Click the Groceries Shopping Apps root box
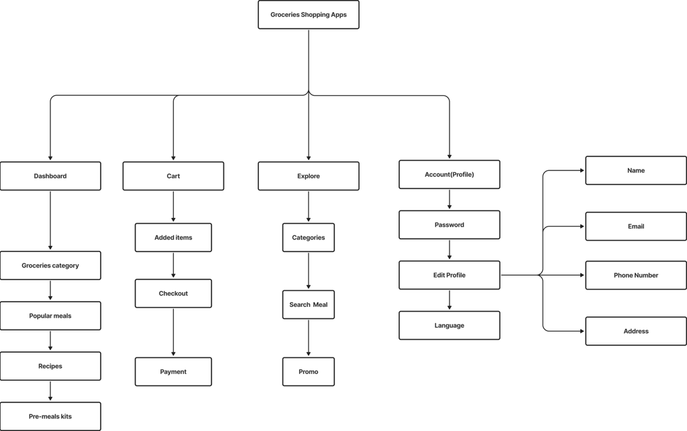309,15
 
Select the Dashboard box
51,176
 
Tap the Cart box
173,176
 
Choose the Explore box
309,176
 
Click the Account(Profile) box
450,174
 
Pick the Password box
450,225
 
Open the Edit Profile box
450,275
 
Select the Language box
450,326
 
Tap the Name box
636,171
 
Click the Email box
636,227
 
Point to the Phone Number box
636,275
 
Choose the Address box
636,331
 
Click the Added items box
173,237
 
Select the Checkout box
173,294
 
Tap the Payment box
173,372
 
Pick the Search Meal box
309,305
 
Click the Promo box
309,372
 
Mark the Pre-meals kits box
51,416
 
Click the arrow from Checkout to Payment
173,332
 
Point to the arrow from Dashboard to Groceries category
51,221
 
